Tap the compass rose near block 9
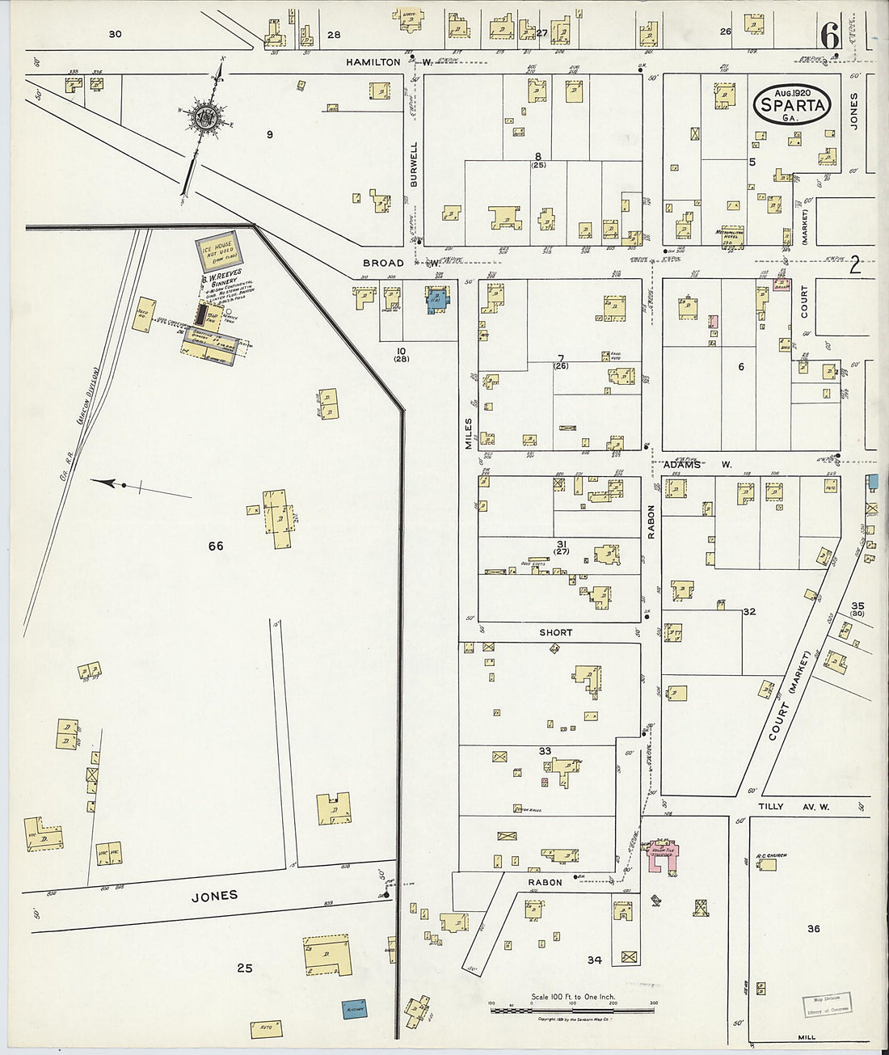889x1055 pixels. [x=206, y=117]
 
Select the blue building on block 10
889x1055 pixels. [x=437, y=299]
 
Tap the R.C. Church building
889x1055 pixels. [x=767, y=864]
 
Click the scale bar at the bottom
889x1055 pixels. [x=572, y=1009]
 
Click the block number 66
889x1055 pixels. [x=216, y=546]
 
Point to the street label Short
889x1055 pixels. [x=555, y=633]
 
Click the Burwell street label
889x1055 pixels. [x=415, y=165]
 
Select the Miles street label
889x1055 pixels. [x=469, y=433]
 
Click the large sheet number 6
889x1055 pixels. [x=829, y=36]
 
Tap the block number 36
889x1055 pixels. [x=813, y=929]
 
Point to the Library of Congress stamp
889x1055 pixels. [x=827, y=1005]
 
